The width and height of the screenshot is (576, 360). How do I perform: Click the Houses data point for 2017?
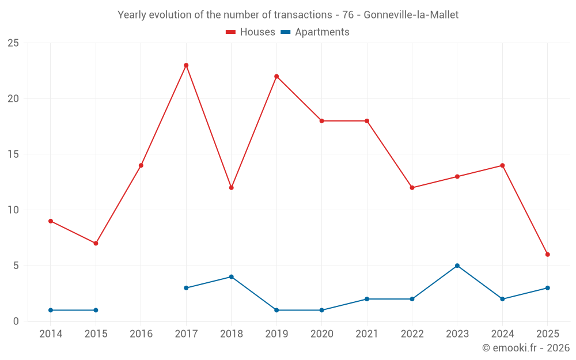186,65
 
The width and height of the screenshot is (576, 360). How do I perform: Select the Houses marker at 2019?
276,77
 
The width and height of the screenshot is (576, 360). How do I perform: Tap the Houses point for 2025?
547,255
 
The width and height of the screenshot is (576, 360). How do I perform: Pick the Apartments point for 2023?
457,266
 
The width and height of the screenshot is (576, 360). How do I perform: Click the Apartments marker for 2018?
231,276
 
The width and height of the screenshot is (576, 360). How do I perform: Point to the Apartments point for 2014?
51,310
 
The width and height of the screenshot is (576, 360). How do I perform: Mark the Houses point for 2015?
96,243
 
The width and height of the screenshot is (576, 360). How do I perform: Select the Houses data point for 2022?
412,188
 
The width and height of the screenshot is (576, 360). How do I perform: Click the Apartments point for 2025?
547,288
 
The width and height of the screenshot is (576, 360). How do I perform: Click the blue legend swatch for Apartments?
285,32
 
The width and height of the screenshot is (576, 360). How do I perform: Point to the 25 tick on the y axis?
13,43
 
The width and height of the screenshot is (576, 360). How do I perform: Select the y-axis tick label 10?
13,210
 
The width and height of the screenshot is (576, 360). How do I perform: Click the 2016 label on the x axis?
141,334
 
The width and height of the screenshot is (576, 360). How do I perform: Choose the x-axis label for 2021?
367,334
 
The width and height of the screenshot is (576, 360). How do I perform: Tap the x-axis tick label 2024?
502,334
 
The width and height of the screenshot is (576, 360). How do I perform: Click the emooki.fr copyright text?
526,348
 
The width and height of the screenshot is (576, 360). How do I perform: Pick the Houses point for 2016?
141,165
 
